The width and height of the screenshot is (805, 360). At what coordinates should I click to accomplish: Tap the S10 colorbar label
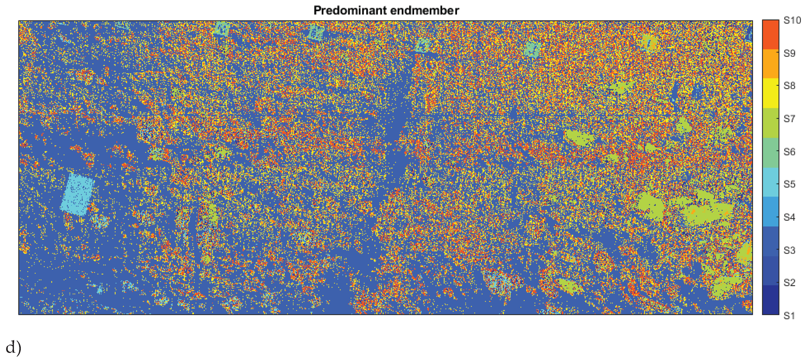792,21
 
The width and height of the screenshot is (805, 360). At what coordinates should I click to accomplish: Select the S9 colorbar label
789,53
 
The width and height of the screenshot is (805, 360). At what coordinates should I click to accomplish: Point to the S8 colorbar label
789,86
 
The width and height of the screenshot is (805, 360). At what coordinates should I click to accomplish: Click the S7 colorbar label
789,119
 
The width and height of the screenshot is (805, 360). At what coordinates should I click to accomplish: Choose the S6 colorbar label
789,152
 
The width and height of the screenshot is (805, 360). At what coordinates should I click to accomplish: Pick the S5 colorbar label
789,184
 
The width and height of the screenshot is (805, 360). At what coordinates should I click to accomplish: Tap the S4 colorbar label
789,217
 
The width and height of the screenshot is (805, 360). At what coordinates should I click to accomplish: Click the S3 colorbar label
789,250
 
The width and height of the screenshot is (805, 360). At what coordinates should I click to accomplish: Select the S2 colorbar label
789,283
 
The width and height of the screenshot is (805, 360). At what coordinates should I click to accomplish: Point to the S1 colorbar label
789,316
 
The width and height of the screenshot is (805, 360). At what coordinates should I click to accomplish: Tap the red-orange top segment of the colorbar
770,34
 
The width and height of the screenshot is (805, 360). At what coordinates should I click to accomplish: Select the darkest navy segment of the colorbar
770,300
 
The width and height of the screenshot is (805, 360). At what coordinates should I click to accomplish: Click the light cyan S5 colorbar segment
770,182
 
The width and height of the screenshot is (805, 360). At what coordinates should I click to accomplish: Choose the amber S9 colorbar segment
770,64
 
